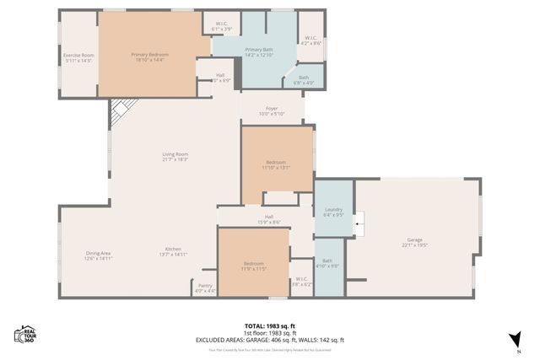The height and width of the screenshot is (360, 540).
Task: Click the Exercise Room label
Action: coord(78,56)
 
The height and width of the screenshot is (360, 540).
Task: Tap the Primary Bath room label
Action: coord(259,51)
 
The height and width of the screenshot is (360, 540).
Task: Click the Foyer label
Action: coord(272,109)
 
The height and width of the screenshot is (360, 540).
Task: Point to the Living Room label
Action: coord(175,154)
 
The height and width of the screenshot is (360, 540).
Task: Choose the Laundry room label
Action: coord(332,209)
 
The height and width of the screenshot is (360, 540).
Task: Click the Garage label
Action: coord(414,240)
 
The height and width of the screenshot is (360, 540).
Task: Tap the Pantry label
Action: coord(205,286)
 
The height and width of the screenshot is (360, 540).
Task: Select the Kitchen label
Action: coord(173,250)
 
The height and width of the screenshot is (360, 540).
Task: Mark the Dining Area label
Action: coord(98,253)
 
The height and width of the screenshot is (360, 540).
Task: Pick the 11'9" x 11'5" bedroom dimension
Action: coord(254,269)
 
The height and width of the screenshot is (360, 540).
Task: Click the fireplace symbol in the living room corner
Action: coord(122,109)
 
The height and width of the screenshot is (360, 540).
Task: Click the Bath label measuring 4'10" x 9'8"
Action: coord(328,264)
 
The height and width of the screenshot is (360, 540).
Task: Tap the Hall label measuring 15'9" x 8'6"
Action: coord(269,219)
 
